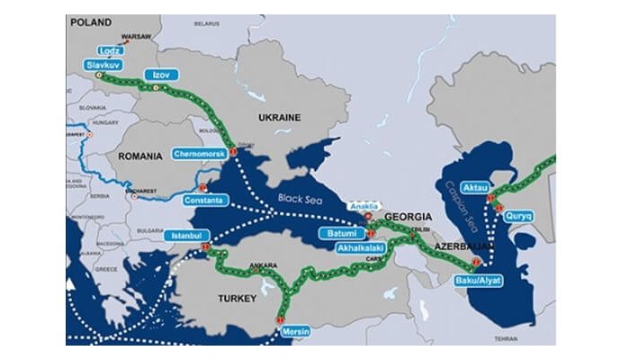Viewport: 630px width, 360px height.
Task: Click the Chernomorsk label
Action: pos(199,154)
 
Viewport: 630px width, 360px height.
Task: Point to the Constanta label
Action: pos(203,199)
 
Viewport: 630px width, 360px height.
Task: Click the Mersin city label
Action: pos(296,331)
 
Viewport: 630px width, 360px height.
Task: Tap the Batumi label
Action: pos(344,233)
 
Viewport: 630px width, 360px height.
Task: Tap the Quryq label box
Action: pos(521,216)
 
